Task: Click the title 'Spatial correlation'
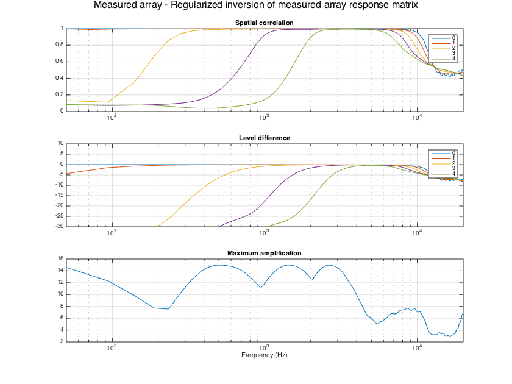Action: click(265, 23)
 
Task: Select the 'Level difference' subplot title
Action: click(265, 138)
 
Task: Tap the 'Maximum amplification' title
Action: click(265, 253)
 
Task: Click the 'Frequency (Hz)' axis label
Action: click(265, 355)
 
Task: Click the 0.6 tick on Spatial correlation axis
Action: click(60, 62)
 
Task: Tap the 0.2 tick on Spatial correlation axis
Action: click(60, 94)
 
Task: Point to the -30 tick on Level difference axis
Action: click(59, 226)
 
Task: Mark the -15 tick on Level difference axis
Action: click(59, 195)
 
